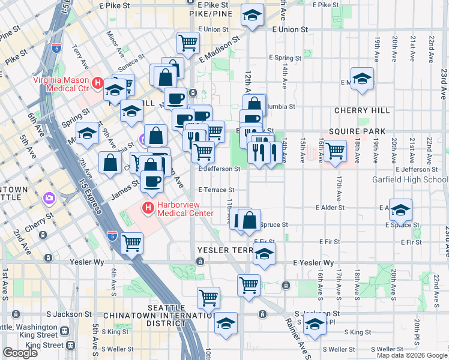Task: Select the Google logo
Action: coord(20,352)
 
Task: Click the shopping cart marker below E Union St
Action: coord(188,43)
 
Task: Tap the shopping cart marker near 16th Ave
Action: coord(334,150)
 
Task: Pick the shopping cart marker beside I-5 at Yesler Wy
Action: coord(131,243)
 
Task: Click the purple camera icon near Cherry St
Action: coord(49,197)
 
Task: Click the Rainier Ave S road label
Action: coord(301,337)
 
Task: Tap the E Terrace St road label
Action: coord(215,190)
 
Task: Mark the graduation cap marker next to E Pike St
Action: coord(253,14)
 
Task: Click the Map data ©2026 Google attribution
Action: coord(412,355)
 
